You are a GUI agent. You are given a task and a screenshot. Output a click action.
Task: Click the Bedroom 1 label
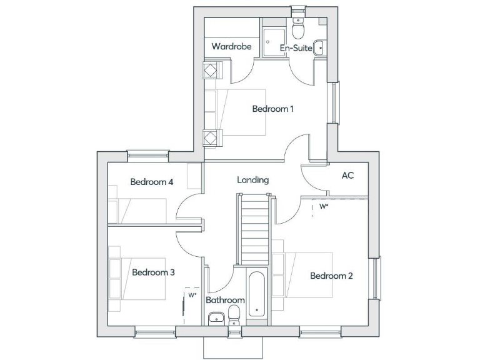(273, 109)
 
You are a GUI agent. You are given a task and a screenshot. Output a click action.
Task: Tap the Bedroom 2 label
(332, 276)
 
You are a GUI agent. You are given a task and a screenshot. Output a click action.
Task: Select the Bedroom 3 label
(153, 272)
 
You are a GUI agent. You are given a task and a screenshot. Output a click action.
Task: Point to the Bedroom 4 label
(151, 182)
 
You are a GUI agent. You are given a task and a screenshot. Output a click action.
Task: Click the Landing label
(253, 180)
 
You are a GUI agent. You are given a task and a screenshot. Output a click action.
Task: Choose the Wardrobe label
(231, 46)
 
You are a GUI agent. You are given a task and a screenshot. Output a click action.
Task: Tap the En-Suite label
(296, 47)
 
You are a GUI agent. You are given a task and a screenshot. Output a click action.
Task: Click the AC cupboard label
(347, 176)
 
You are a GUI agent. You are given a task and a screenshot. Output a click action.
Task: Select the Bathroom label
(225, 300)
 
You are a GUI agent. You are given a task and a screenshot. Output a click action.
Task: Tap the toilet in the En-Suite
(298, 27)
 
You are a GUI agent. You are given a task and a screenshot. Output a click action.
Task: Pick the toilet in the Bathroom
(235, 314)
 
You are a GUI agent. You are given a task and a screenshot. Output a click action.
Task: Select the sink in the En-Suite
(319, 46)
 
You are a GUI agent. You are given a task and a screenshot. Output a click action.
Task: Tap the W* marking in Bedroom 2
(324, 206)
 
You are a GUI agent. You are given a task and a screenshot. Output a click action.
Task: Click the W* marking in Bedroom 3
(192, 294)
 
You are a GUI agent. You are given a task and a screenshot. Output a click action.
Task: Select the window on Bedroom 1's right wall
(334, 103)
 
